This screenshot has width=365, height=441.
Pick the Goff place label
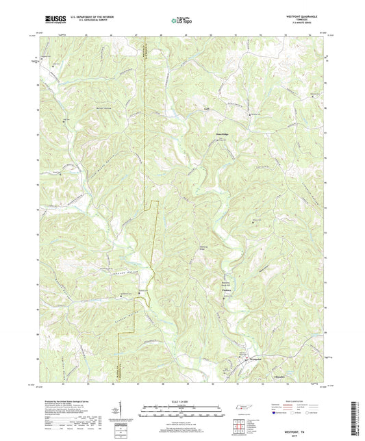pyautogui.click(x=205, y=108)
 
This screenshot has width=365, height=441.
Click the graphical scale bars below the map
pyautogui.click(x=182, y=413)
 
